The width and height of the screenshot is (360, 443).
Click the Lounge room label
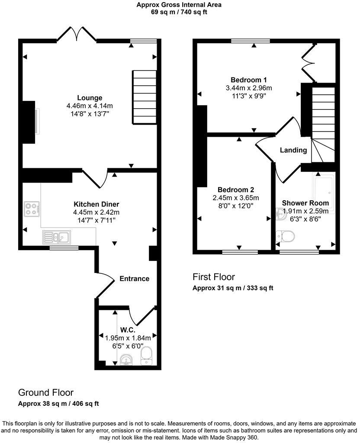[x=90, y=98]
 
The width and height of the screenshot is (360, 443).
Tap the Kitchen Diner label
[x=96, y=204]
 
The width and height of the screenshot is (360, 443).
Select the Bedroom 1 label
[x=248, y=80]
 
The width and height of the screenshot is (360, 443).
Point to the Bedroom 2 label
[x=235, y=189]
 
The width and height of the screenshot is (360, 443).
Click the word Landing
[x=293, y=151]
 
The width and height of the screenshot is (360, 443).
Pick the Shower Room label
[x=305, y=203]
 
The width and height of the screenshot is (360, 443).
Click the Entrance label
[x=134, y=279]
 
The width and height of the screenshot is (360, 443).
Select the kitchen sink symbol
[x=57, y=238]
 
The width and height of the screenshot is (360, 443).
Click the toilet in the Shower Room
[x=285, y=236]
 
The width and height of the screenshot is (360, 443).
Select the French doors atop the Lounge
[x=77, y=35]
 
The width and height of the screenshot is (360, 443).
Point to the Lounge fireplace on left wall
[x=30, y=122]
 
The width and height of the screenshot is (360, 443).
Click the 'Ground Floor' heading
[x=45, y=393]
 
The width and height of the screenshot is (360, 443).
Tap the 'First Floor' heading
[x=214, y=277]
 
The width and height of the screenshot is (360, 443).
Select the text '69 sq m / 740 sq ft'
[x=179, y=12]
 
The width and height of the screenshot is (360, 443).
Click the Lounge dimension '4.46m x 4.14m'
[x=90, y=106]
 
